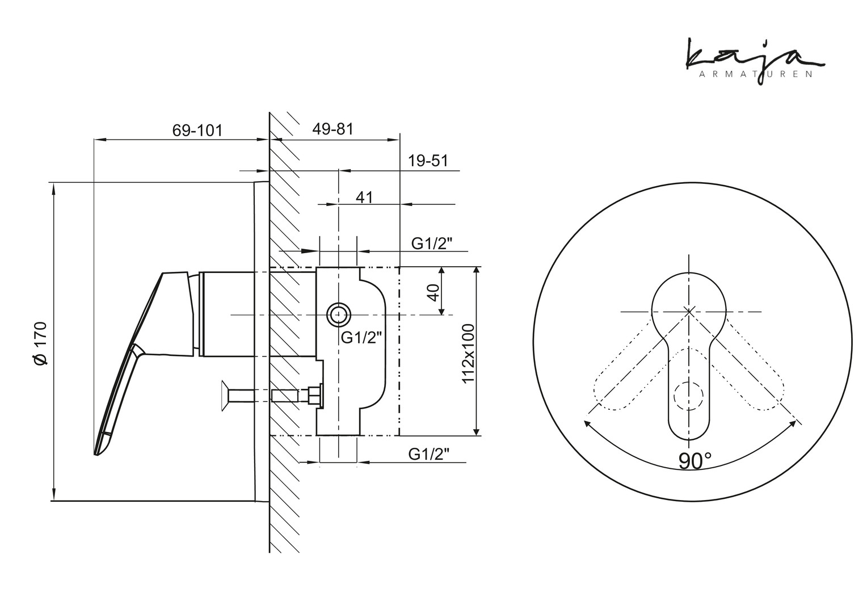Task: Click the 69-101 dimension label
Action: pyautogui.click(x=197, y=131)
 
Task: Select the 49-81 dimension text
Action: pyautogui.click(x=333, y=129)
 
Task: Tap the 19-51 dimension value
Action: pyautogui.click(x=428, y=160)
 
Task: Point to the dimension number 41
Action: pyautogui.click(x=364, y=198)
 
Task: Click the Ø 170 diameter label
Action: pyautogui.click(x=40, y=343)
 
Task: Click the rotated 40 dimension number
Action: pyautogui.click(x=434, y=293)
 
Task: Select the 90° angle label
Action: pyautogui.click(x=695, y=461)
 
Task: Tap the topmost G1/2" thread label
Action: pyautogui.click(x=432, y=243)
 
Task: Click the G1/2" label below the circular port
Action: pyautogui.click(x=361, y=338)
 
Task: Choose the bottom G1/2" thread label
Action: pyautogui.click(x=429, y=454)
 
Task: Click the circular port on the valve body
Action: pyautogui.click(x=339, y=315)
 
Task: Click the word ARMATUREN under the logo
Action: pyautogui.click(x=756, y=75)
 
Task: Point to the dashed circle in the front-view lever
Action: pyautogui.click(x=688, y=396)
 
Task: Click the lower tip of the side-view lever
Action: pyautogui.click(x=95, y=454)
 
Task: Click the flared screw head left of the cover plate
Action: pyautogui.click(x=224, y=396)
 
